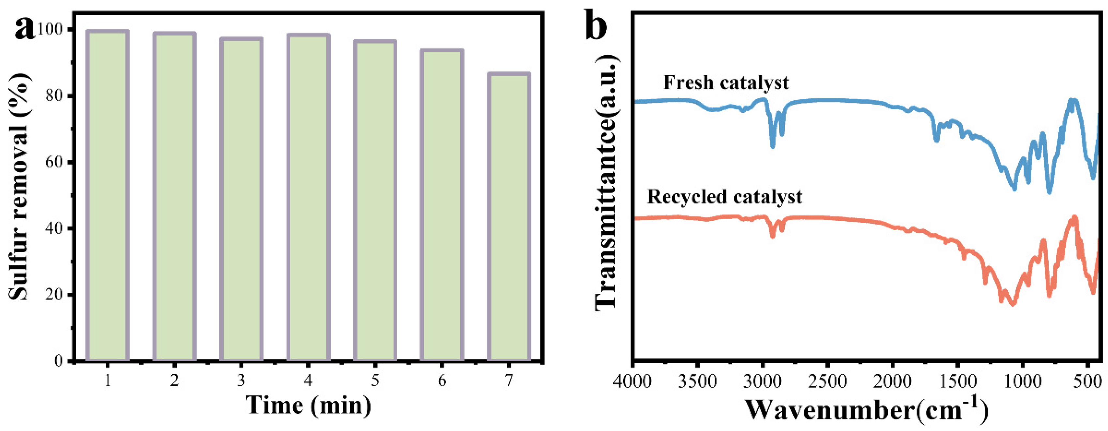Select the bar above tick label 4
click(x=308, y=198)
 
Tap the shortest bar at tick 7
click(x=508, y=217)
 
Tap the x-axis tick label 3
click(x=241, y=380)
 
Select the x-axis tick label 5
click(x=375, y=380)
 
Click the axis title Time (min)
click(x=308, y=405)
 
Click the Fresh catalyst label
click(x=726, y=82)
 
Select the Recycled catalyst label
click(x=724, y=197)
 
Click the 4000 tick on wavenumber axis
click(x=632, y=381)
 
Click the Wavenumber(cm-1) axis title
click(x=865, y=409)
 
